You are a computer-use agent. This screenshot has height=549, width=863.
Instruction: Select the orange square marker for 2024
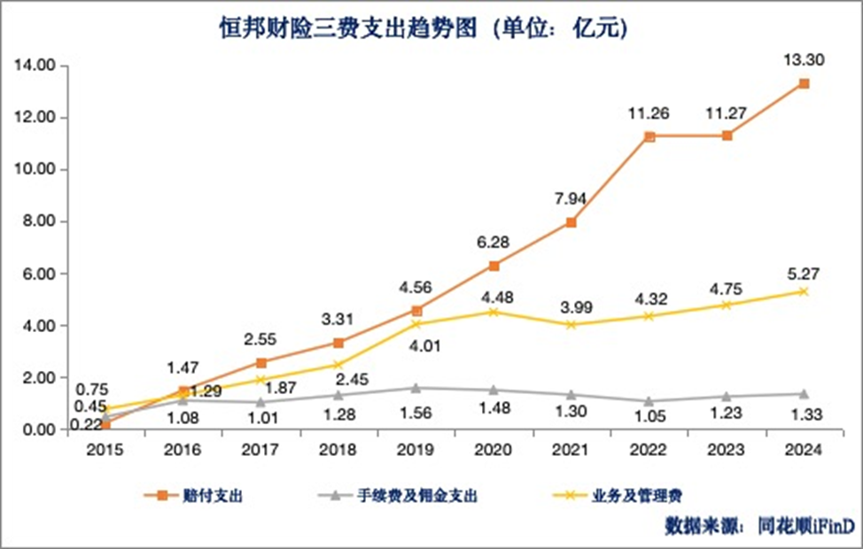[x=804, y=83]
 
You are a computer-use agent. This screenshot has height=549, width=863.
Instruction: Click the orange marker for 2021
[x=571, y=222]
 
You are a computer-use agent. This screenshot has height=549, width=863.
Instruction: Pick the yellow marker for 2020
[x=494, y=312]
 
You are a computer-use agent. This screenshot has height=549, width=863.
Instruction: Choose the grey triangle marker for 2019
[x=416, y=388]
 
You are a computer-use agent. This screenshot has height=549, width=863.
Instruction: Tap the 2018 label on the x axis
[x=338, y=451]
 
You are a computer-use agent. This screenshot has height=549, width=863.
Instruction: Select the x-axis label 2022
[x=649, y=451]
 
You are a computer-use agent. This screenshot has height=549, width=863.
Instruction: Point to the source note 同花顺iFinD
[x=795, y=525]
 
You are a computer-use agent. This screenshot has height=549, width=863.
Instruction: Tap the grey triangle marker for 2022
[x=649, y=401]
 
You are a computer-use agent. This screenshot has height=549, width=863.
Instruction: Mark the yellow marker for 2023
[x=727, y=305]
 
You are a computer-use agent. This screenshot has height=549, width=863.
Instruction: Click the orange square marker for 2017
[x=260, y=362]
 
